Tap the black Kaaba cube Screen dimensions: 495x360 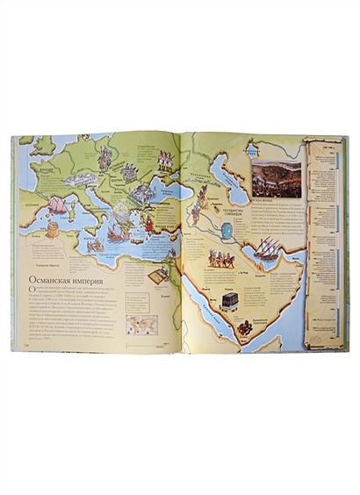coord(230,299)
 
